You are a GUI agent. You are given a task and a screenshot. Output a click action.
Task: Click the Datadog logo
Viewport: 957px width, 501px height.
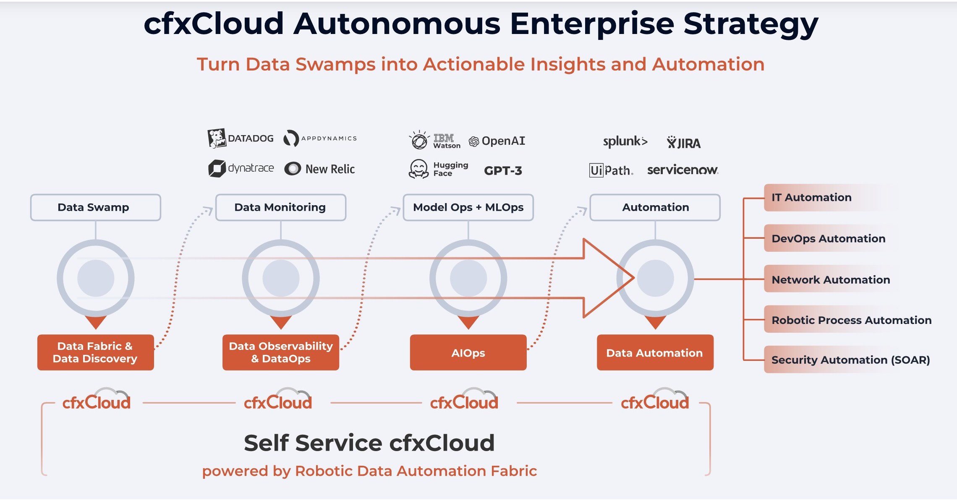point(241,138)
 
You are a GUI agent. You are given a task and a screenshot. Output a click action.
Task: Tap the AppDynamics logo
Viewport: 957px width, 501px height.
point(320,138)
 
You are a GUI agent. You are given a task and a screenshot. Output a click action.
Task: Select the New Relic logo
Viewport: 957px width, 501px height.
point(320,169)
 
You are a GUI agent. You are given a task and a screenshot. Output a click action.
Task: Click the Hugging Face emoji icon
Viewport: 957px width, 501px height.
point(418,169)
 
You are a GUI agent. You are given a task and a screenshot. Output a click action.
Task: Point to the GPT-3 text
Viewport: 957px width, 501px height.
point(503,171)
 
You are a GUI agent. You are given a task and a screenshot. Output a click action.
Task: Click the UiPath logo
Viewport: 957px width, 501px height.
point(611,170)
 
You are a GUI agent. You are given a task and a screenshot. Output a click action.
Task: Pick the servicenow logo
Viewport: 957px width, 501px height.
point(682,170)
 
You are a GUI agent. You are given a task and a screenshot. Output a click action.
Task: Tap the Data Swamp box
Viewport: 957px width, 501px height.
point(96,207)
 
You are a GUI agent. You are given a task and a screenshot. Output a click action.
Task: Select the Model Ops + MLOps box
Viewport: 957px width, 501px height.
point(468,207)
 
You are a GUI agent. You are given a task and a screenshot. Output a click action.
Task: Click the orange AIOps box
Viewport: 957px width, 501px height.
point(468,353)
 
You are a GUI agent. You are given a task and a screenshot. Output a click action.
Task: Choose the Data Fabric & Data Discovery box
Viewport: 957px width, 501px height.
point(96,352)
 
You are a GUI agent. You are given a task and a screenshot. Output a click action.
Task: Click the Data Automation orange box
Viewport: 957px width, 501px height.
point(655,353)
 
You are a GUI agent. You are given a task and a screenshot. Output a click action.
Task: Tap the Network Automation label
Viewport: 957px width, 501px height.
point(830,279)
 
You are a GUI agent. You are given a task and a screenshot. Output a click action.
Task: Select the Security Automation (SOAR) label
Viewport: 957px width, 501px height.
point(850,360)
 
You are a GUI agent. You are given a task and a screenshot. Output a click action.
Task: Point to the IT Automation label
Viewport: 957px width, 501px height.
point(811,197)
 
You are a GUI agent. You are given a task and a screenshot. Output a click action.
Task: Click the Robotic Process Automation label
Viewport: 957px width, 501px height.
point(851,320)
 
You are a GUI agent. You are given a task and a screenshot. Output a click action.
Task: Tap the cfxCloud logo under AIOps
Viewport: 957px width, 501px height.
point(464,401)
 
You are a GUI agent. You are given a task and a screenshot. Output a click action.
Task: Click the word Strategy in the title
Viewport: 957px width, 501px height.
point(750,24)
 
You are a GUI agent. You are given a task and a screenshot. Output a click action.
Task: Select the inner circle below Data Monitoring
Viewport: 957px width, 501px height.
point(281,278)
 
